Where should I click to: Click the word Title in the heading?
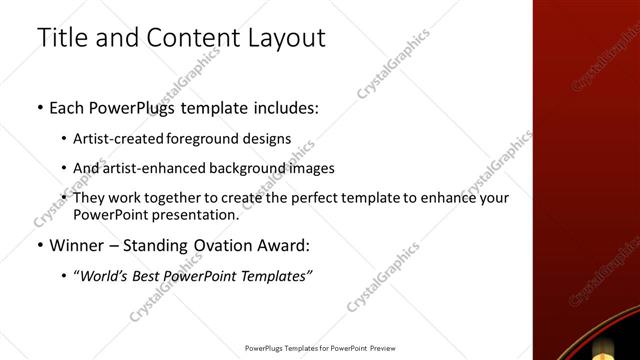click(x=61, y=39)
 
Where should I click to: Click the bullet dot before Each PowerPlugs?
click(x=39, y=108)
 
